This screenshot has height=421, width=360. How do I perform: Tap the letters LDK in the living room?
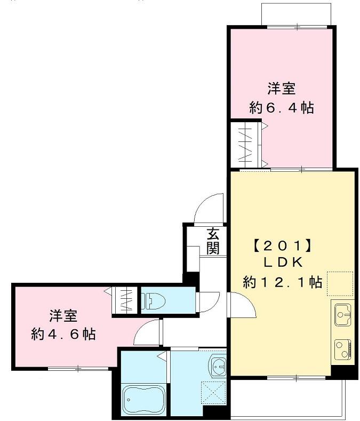(x=283, y=263)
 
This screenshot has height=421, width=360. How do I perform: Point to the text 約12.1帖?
(x=283, y=281)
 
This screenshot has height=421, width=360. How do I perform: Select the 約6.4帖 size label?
(x=281, y=108)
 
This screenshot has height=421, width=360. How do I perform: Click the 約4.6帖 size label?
(x=63, y=334)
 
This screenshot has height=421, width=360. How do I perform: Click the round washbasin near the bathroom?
(x=217, y=366)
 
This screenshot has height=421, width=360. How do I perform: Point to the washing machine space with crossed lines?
(x=213, y=394)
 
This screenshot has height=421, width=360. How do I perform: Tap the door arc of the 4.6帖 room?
(x=148, y=333)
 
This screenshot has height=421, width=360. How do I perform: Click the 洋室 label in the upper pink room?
(x=281, y=88)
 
